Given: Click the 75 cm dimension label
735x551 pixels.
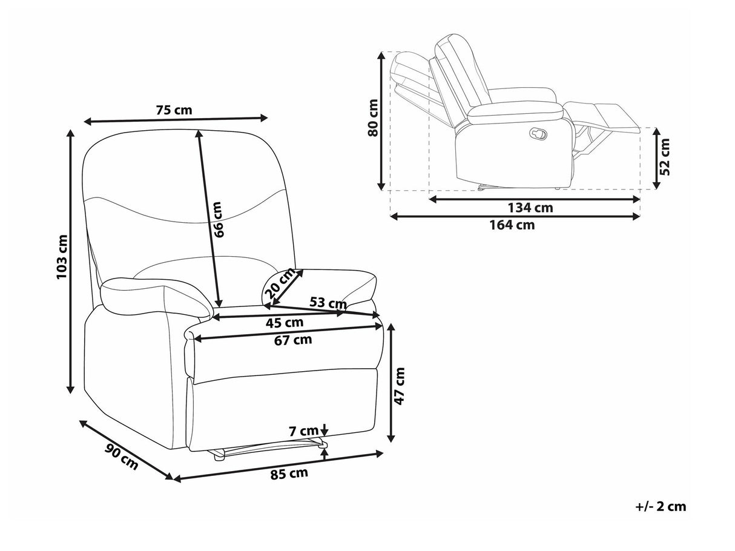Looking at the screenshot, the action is tap(174, 110).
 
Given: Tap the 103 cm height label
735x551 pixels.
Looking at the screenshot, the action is tap(62, 257).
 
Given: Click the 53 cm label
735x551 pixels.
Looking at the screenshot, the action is tap(328, 303).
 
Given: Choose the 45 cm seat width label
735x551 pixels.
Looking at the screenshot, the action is tap(285, 323).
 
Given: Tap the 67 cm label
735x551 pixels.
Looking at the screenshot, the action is tap(292, 340).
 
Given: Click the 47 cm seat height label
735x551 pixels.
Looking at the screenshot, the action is tap(400, 386).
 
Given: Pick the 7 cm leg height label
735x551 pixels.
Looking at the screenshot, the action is tap(303, 432).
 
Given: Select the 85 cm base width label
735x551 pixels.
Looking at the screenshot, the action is tap(289, 473).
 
